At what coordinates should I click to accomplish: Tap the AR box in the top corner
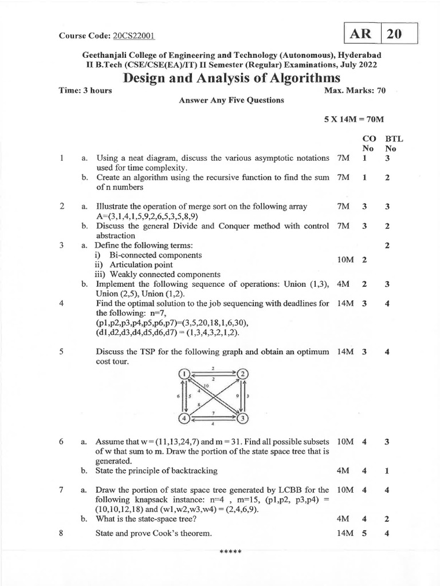click(x=362, y=34)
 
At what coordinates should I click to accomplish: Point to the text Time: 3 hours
click(x=86, y=90)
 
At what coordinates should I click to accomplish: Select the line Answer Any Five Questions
click(x=231, y=100)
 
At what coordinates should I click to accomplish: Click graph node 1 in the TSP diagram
click(x=184, y=374)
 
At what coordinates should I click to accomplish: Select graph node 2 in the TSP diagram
click(x=243, y=374)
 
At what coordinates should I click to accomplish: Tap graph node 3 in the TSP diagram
click(x=243, y=418)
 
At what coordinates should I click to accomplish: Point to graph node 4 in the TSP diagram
click(x=184, y=418)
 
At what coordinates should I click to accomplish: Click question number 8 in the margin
click(x=61, y=533)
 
